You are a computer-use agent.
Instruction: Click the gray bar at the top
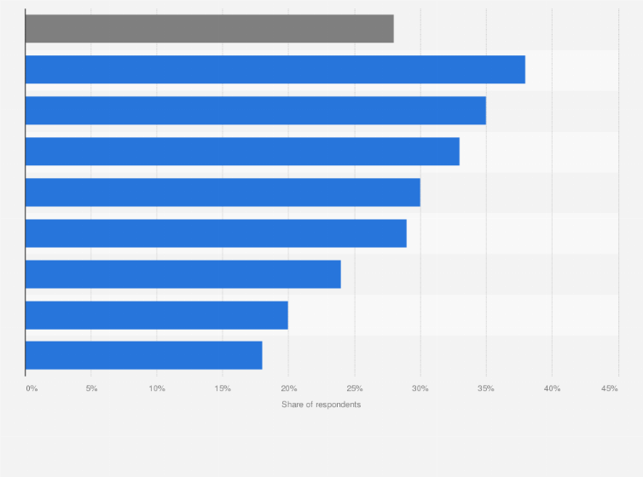point(209,29)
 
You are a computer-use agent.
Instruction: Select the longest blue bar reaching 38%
point(275,70)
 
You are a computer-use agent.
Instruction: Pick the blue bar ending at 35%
point(255,111)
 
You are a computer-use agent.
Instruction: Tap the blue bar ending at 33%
point(242,152)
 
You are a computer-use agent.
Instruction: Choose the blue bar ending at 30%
point(223,193)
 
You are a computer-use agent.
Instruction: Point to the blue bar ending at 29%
point(216,233)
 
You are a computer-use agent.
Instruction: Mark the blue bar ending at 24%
point(182,274)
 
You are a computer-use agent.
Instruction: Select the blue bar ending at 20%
point(156,315)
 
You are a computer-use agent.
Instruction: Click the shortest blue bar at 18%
point(143,355)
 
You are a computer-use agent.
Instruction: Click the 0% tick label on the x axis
point(32,388)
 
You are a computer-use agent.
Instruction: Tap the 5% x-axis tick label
point(91,388)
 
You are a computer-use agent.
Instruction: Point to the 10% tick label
point(157,388)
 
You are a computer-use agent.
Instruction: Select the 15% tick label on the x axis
point(223,388)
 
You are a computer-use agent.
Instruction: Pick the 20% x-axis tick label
point(288,388)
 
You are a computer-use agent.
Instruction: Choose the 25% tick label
point(354,388)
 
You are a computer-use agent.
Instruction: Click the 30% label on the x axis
point(420,388)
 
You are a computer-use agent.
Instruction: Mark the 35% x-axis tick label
point(485,388)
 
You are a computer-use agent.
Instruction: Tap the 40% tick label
point(551,388)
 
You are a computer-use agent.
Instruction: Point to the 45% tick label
point(609,388)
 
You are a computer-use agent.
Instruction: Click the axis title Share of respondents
point(321,405)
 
